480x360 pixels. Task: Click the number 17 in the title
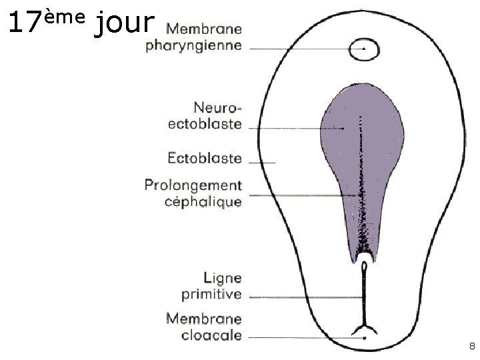tap(26, 24)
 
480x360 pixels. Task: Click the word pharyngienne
tap(194, 47)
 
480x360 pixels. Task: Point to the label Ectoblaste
tap(205, 158)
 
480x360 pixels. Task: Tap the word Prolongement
tap(193, 185)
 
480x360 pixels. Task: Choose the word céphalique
tap(203, 201)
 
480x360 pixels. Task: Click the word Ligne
tap(223, 277)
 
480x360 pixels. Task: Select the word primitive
tap(211, 294)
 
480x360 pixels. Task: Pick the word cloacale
tap(211, 335)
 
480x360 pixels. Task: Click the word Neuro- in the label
tap(218, 107)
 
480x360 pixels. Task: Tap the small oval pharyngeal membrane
tap(364, 49)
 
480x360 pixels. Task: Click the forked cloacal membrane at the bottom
tap(365, 327)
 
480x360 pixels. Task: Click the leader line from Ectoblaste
tap(261, 163)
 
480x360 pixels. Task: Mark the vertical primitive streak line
tap(365, 293)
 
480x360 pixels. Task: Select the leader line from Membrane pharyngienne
tap(300, 48)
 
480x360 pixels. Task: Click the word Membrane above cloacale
tap(203, 319)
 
